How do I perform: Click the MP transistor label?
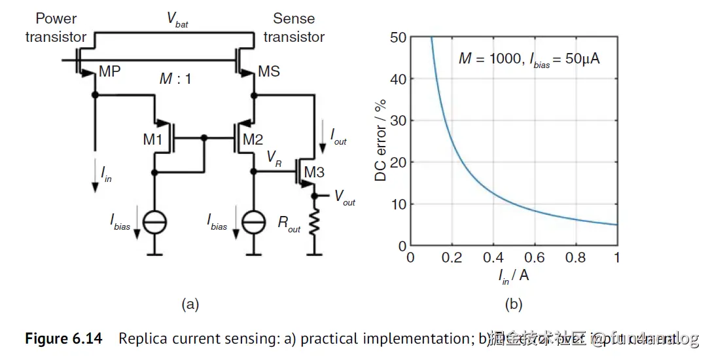[x=109, y=71]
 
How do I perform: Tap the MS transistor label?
[x=270, y=71]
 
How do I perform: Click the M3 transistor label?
[x=313, y=173]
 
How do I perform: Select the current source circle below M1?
[x=154, y=222]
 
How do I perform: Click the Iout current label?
[x=338, y=137]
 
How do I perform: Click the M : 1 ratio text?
[x=175, y=79]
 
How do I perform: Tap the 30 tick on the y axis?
[x=398, y=121]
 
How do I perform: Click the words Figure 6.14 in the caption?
[x=63, y=338]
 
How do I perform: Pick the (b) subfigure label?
[x=513, y=303]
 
